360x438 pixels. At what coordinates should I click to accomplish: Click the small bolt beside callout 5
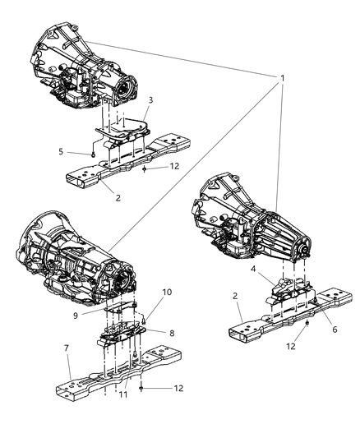click(x=97, y=154)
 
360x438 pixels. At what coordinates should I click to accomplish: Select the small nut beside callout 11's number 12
click(x=141, y=386)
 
